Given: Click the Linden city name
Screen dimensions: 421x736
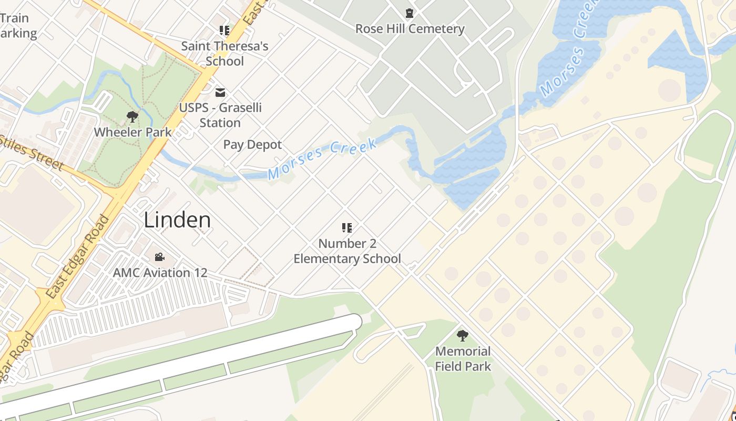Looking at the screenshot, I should coord(177,220).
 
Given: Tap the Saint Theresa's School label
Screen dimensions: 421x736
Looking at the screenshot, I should coord(224,54).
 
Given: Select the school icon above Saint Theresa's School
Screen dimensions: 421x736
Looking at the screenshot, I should coord(224,31).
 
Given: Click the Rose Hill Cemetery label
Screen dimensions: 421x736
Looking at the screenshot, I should coord(410,29).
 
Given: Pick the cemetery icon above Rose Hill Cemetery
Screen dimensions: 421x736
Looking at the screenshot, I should coord(410,13).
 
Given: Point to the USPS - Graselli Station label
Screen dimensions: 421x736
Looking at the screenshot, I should coord(220,115).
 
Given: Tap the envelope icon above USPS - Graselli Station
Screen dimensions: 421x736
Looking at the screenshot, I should coord(220,93).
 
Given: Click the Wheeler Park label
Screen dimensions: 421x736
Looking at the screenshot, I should coord(132,132).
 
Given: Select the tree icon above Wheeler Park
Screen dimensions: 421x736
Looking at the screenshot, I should coord(132,116).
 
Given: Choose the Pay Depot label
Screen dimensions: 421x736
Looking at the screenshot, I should coord(252,145).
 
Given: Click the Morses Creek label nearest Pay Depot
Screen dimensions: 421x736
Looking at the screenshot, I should coord(322,158).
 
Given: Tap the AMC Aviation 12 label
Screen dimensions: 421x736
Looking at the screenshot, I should coord(160,273).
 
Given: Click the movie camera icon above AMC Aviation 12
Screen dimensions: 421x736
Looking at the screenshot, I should coord(159,257).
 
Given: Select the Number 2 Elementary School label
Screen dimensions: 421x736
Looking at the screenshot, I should coord(347,251).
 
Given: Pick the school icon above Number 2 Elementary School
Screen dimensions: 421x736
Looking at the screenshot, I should coord(346,228).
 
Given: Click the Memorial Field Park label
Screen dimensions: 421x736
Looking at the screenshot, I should coord(463,358).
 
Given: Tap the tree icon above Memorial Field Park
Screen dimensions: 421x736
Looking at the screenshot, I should coord(463,335).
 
